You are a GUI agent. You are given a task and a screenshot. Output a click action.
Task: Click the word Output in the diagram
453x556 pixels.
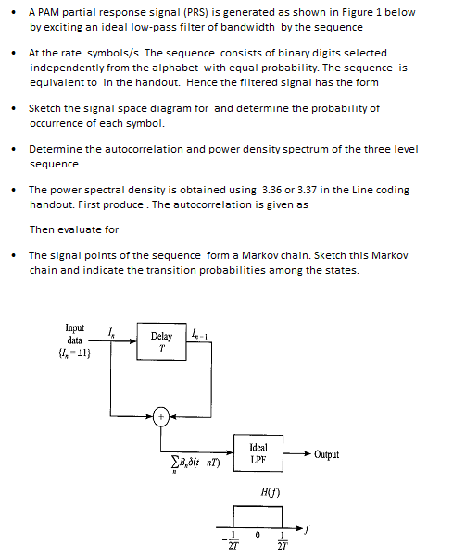[x=326, y=454]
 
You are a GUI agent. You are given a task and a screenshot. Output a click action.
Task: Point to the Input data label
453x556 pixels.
[x=74, y=334]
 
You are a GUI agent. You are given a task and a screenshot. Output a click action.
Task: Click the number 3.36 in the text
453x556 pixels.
[x=273, y=190]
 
